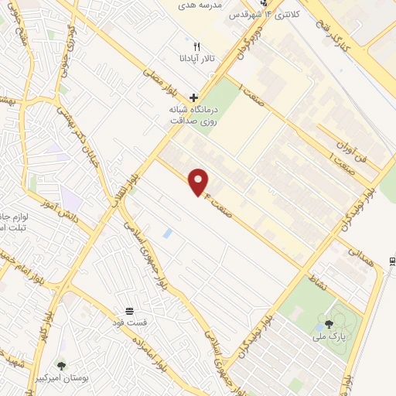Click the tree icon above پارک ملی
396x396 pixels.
pos(330,324)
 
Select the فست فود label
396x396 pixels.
pos(130,322)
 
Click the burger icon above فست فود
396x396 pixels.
pos(129,309)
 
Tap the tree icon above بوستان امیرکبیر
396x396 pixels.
pos(61,365)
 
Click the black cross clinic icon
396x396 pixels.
pos(193,96)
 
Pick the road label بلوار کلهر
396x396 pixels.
pos(48,316)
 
